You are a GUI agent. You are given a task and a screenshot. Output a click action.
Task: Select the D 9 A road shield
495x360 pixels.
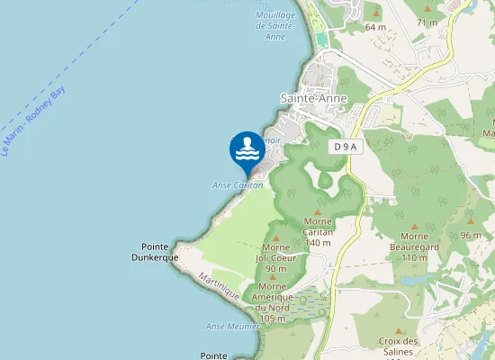click(x=344, y=146)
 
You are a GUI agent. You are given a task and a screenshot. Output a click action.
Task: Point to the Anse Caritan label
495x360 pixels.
click(x=238, y=184)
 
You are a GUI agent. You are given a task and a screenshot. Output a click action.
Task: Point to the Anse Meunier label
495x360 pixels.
click(x=228, y=326)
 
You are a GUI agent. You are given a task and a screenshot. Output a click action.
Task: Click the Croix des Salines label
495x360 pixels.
click(x=400, y=346)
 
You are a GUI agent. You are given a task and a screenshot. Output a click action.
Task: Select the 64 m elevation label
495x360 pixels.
click(x=375, y=27)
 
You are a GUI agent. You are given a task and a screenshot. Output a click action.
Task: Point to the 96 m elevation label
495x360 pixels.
click(x=471, y=235)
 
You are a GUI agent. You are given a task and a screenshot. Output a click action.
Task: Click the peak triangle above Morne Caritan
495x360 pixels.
click(x=319, y=209)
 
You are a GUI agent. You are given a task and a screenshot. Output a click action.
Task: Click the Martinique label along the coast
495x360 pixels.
click(x=219, y=287)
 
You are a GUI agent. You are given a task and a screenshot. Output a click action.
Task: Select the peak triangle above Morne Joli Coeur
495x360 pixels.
click(x=275, y=235)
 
